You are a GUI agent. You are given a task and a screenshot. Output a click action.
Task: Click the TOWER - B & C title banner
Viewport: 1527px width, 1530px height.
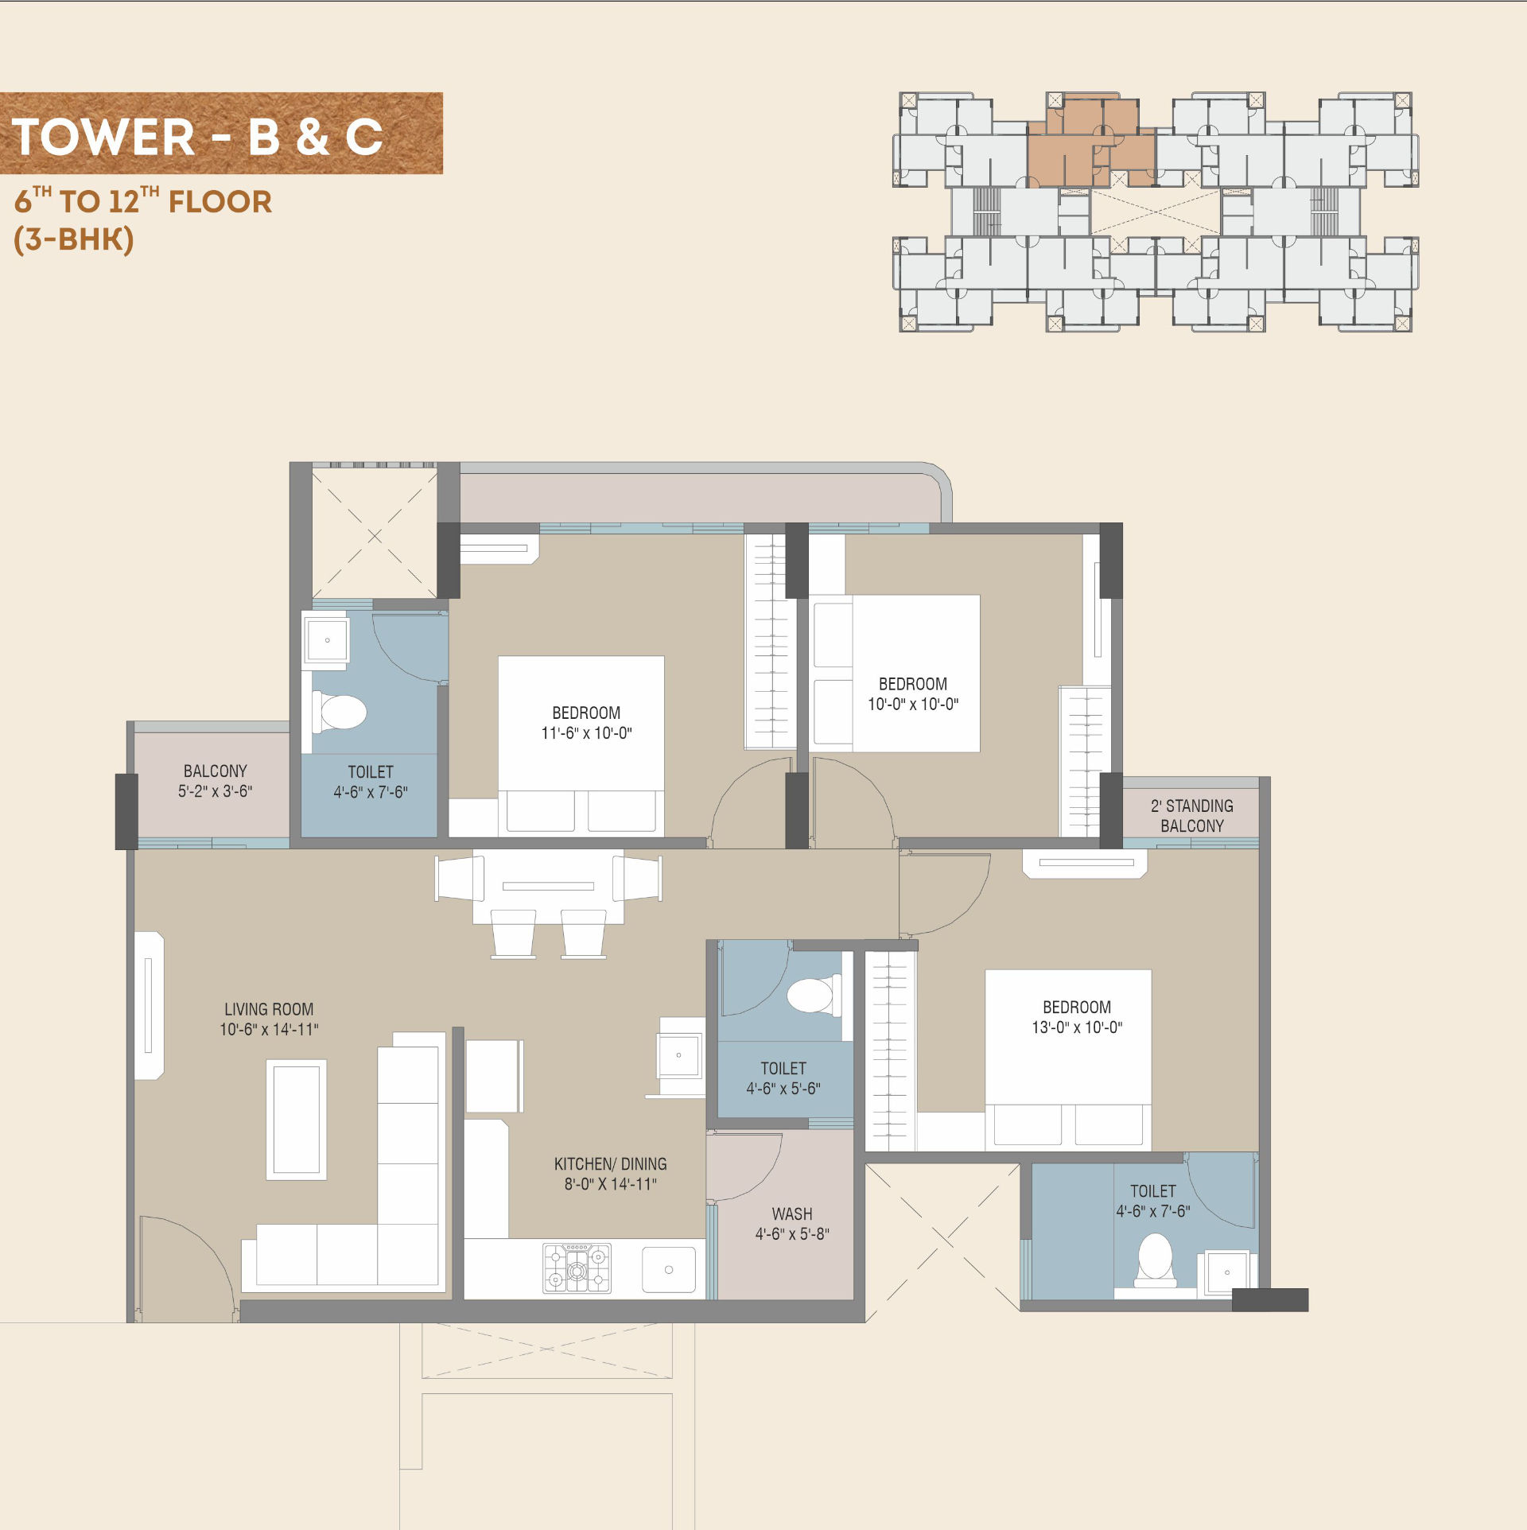coord(221,133)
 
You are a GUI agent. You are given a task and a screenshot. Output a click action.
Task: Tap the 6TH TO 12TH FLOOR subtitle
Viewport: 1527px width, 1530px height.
coord(143,200)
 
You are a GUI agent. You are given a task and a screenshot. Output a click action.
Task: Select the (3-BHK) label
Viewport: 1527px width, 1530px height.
coord(74,239)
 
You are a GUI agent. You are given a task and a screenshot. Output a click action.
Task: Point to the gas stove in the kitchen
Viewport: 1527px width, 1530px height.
coord(577,1268)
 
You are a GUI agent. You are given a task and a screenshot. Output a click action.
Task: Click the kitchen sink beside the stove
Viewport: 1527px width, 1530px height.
coord(669,1270)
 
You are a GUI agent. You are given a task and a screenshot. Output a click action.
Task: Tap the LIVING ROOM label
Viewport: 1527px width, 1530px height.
coord(269,1009)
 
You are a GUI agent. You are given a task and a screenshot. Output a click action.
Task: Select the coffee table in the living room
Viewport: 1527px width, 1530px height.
coord(297,1120)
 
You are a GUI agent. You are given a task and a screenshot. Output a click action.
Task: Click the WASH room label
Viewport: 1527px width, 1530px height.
coord(792,1214)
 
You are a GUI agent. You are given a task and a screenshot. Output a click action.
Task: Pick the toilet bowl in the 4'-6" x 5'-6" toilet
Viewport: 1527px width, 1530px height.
coord(813,995)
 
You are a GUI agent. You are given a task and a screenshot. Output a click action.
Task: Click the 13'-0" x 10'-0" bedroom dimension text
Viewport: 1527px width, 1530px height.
coord(1077,1027)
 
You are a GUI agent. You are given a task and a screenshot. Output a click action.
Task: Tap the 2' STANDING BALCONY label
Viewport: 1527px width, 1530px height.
coord(1192,816)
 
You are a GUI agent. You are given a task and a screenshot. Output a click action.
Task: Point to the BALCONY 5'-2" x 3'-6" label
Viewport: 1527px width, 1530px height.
coord(216,781)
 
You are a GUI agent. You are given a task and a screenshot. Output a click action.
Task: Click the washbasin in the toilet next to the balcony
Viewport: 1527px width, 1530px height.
coord(327,639)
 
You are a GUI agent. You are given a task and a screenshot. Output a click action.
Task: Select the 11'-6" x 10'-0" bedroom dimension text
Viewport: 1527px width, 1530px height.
coord(587,733)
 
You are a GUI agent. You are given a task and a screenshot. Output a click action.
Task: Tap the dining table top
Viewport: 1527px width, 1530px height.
coord(548,886)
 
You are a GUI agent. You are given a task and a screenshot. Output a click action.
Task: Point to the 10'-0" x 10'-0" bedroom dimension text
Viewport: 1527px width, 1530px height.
coord(913,704)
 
